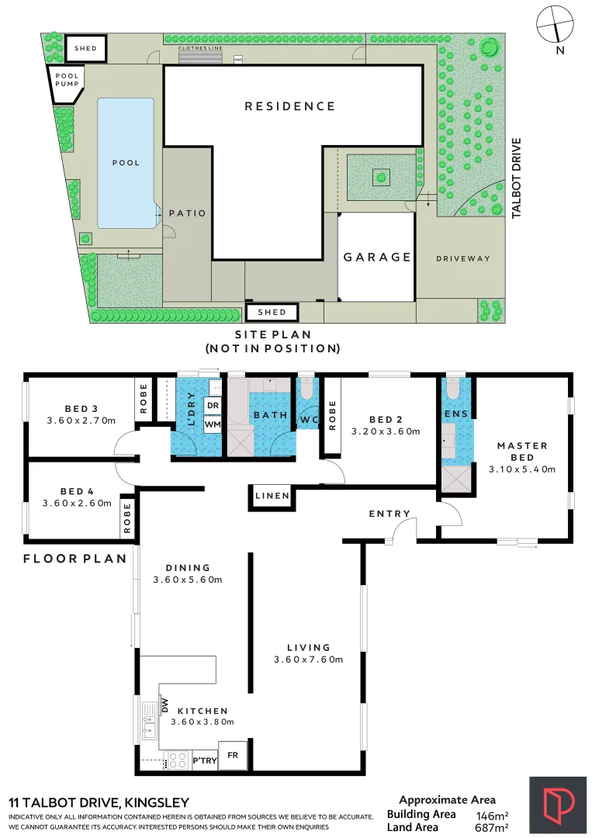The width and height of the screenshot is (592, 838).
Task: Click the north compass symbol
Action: (556, 23)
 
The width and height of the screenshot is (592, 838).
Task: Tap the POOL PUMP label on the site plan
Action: (66, 78)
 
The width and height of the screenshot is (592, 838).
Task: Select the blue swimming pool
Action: (125, 163)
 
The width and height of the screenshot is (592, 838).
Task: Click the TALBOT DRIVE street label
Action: (517, 178)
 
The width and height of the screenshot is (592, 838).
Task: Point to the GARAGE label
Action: (377, 257)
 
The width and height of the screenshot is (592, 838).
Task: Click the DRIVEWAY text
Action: (463, 258)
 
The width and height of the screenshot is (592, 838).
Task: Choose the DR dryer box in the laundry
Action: (212, 405)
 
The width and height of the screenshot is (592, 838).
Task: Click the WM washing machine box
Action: (212, 424)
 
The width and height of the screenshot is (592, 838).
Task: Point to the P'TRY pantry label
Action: (205, 761)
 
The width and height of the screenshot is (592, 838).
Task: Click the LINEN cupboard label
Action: (272, 496)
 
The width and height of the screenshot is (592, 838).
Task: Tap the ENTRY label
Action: (389, 514)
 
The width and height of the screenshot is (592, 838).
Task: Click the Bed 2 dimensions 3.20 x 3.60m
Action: (386, 431)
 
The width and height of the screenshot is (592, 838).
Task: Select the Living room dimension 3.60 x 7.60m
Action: (308, 660)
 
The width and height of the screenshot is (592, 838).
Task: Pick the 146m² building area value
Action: (491, 815)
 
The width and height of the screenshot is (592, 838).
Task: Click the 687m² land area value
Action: (491, 828)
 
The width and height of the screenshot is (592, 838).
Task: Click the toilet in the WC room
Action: (308, 385)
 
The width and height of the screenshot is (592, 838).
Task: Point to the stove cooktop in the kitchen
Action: (178, 759)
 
